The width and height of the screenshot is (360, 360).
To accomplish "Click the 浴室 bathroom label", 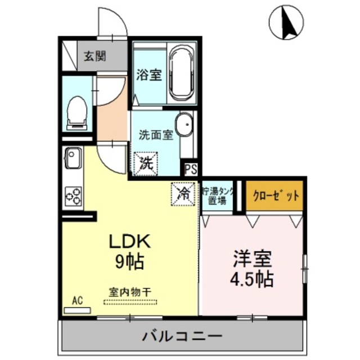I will [149, 75].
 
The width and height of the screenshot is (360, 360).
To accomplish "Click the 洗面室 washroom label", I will [155, 135].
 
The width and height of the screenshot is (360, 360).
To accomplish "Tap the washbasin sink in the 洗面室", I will [184, 125].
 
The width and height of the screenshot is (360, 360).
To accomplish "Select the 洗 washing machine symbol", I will [146, 164].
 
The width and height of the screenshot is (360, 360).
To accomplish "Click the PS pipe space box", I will [191, 168].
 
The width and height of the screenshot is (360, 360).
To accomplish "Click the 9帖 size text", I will [129, 261].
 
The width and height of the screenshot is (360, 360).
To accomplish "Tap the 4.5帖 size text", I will [253, 278].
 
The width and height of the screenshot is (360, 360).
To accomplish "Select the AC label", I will [77, 301].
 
